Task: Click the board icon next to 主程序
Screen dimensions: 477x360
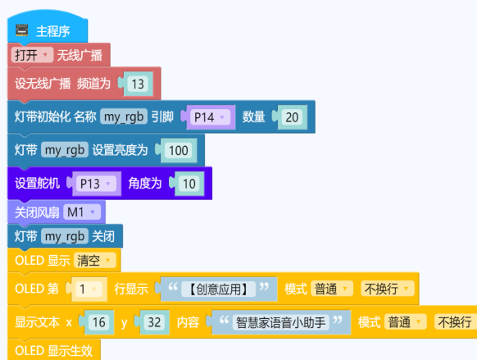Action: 22,30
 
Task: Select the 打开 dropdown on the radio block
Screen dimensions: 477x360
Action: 32,55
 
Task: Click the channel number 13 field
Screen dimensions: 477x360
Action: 138,84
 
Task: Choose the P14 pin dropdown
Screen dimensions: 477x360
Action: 210,117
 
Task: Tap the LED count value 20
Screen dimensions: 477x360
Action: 292,117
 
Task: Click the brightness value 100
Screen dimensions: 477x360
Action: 179,150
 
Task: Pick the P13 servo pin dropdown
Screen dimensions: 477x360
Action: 96,184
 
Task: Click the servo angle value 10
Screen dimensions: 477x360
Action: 189,184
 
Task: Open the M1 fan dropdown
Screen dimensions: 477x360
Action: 82,212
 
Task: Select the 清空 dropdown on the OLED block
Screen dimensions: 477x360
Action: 95,261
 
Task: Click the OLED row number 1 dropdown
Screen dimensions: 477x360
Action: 89,289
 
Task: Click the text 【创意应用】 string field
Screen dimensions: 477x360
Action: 218,289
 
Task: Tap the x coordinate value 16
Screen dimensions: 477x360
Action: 99,322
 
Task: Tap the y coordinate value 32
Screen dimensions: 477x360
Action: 154,322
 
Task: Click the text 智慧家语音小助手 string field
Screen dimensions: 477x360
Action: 281,322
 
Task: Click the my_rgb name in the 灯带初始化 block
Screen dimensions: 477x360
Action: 124,116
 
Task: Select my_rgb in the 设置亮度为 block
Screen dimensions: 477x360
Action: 65,150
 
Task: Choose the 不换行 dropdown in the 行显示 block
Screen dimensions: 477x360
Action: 388,289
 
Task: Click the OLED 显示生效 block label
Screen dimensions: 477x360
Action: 54,350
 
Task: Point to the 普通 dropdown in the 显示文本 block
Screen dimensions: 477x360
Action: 406,322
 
